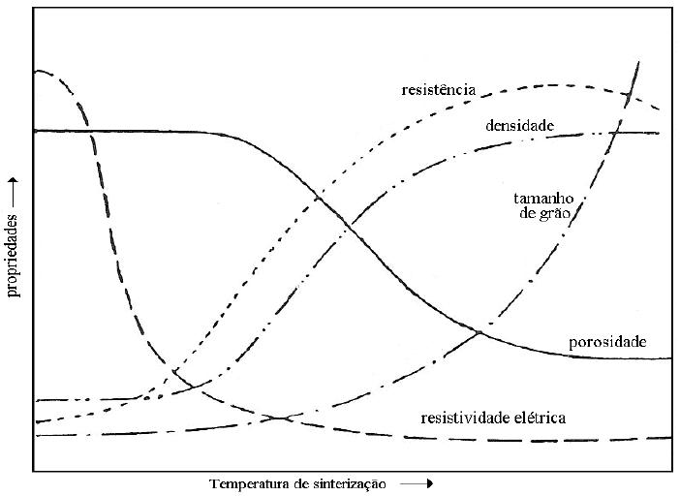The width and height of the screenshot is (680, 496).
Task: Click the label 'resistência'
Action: tap(438, 89)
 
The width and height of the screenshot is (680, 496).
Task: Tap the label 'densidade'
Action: tap(519, 126)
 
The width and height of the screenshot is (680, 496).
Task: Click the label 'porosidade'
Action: tap(607, 342)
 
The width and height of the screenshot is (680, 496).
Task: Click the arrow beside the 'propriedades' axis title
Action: tap(14, 188)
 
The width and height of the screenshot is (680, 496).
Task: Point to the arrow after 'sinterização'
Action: tap(416, 482)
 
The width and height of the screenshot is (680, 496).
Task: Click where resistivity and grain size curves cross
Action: tap(282, 418)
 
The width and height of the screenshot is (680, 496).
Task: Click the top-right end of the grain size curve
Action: tap(638, 62)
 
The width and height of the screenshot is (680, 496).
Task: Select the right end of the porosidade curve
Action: tap(670, 358)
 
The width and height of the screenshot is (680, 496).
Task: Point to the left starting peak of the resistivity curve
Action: tap(39, 71)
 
